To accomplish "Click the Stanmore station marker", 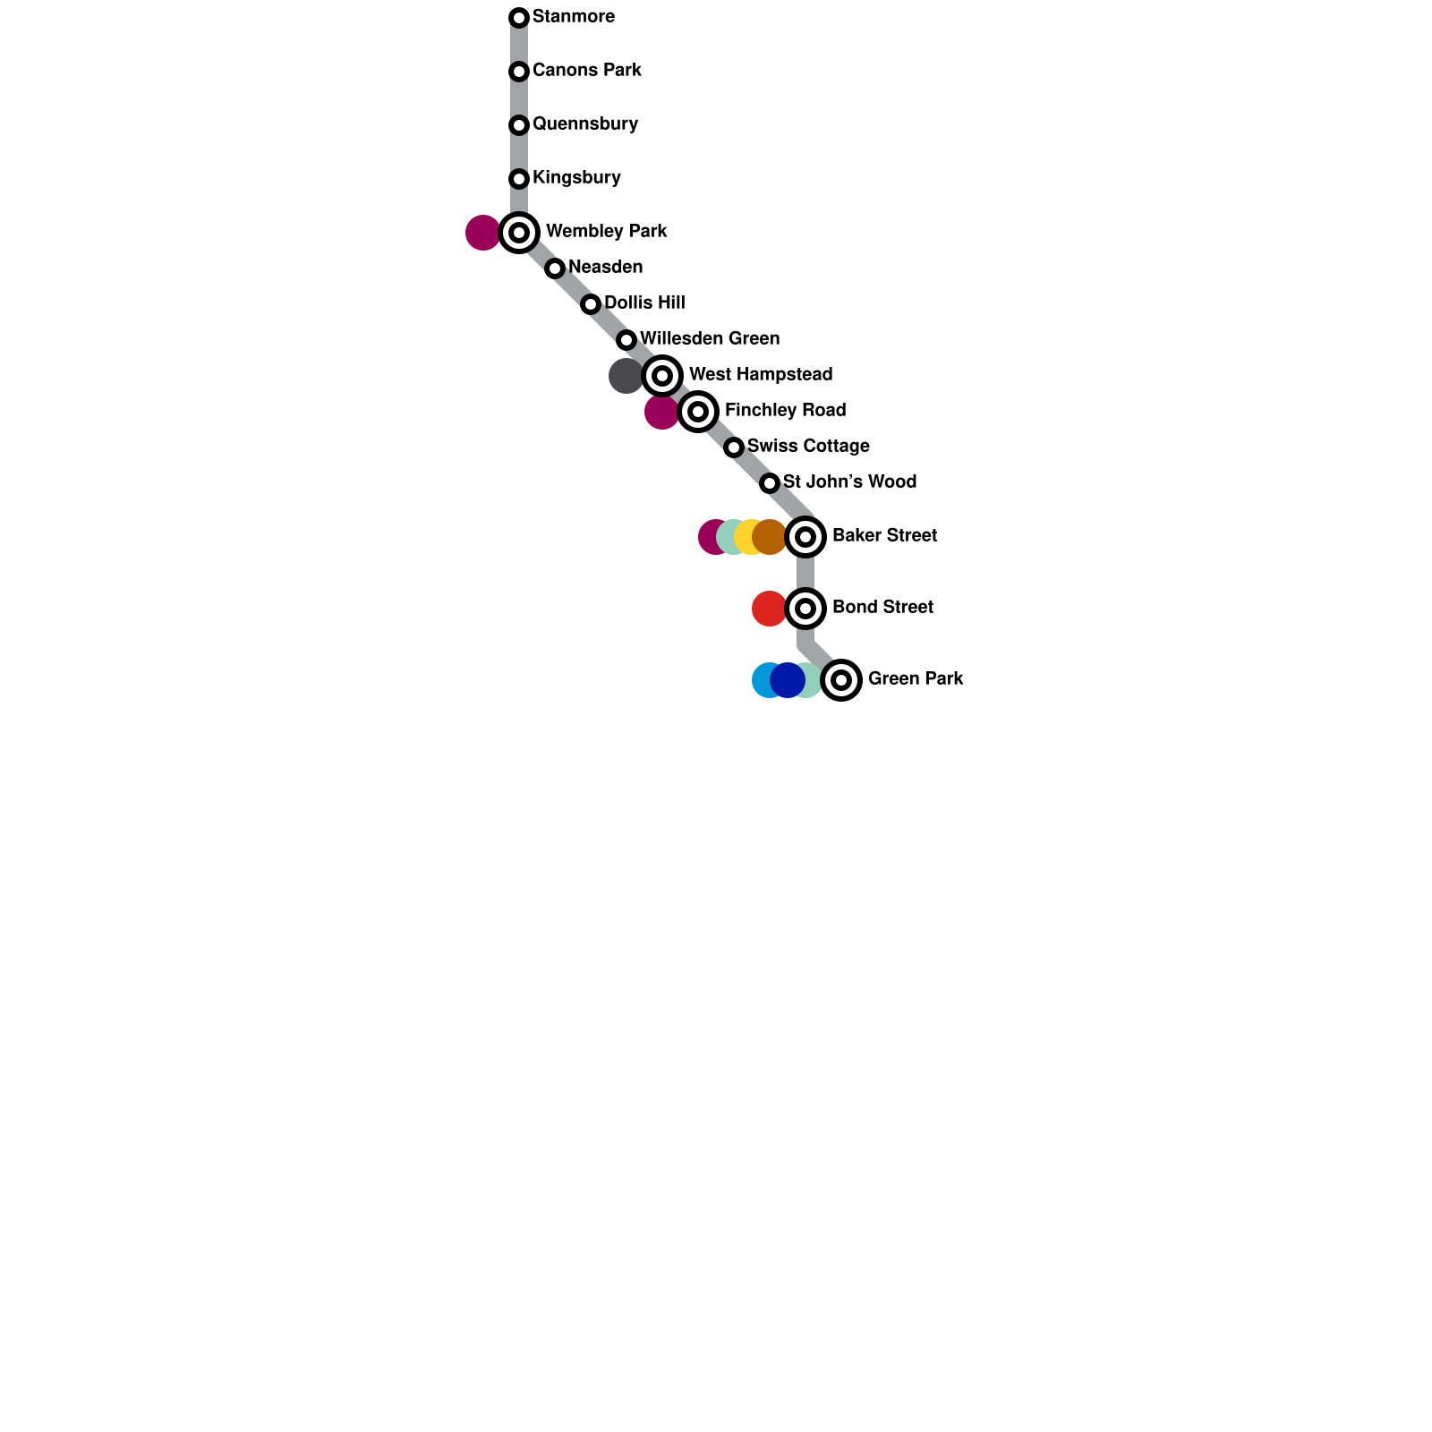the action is [519, 18].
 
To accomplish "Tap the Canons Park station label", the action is [586, 71].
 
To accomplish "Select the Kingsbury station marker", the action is [519, 179].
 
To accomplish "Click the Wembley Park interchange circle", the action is [519, 233].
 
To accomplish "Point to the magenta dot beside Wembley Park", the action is [482, 233].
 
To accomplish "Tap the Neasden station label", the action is [605, 268].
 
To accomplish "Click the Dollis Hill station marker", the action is [591, 304].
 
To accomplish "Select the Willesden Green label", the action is [709, 339].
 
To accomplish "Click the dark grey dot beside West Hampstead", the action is [625, 376].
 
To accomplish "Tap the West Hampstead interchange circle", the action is [662, 376].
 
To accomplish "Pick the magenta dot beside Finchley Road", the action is [661, 413].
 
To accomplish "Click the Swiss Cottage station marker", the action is [734, 447].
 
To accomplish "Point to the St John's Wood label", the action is [849, 482].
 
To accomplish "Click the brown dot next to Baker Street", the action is [769, 537].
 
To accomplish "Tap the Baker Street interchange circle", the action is [805, 537].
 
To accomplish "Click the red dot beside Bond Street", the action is [769, 609].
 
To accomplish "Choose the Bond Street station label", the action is [882, 608].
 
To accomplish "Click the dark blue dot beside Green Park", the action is [787, 680].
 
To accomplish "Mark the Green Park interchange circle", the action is [841, 680].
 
